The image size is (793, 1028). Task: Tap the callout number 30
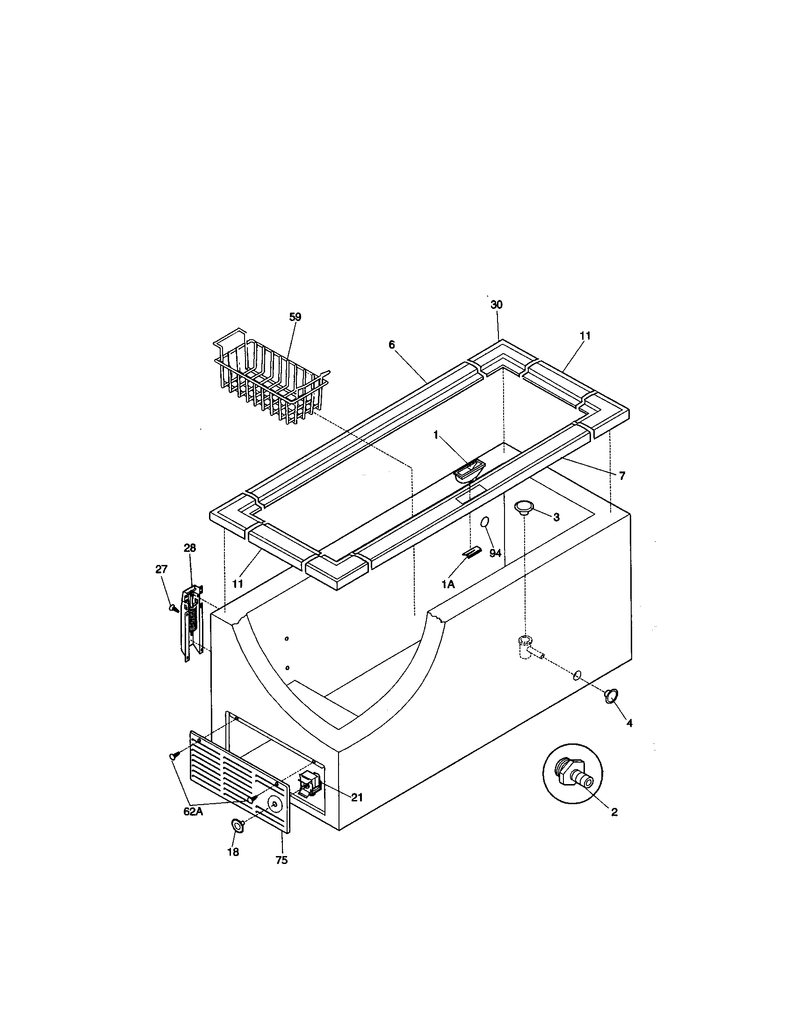pos(497,305)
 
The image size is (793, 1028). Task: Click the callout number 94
pos(495,554)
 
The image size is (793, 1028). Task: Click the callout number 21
pos(357,797)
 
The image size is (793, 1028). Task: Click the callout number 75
pos(281,860)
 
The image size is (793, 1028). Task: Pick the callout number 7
pos(622,476)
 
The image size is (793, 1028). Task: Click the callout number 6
pos(392,344)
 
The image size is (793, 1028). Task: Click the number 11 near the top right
pos(585,336)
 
